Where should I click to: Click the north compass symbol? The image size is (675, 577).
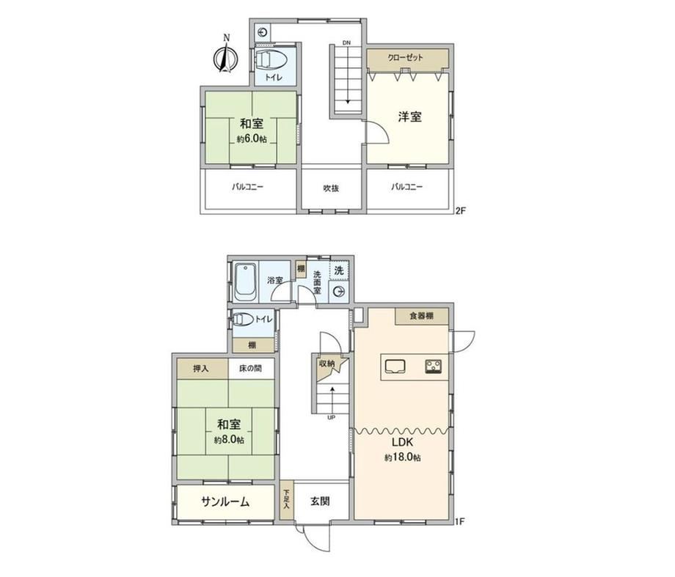click(x=225, y=55)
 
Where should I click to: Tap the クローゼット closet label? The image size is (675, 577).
click(x=405, y=57)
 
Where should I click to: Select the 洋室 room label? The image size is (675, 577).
click(x=409, y=116)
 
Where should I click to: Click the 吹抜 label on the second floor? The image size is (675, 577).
click(x=331, y=188)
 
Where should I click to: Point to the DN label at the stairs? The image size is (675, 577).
click(x=346, y=43)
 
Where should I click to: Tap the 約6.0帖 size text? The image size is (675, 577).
click(x=252, y=139)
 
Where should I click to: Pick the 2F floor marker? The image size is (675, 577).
click(x=461, y=210)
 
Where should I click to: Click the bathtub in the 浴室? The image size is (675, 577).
click(x=245, y=282)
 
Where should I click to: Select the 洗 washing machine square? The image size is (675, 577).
click(x=339, y=271)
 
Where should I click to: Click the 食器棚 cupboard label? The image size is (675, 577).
click(x=421, y=316)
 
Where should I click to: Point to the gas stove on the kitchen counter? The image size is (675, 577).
click(x=434, y=366)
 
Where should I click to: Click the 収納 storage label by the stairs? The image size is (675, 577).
click(x=326, y=363)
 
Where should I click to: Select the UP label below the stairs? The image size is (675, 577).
click(x=332, y=417)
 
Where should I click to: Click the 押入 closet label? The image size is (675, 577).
click(x=200, y=369)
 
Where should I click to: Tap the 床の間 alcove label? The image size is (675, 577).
click(x=250, y=369)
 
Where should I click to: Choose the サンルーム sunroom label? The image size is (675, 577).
click(x=225, y=501)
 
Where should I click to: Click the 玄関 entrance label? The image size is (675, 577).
click(x=320, y=501)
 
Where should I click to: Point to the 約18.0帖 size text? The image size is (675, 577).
click(x=403, y=457)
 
